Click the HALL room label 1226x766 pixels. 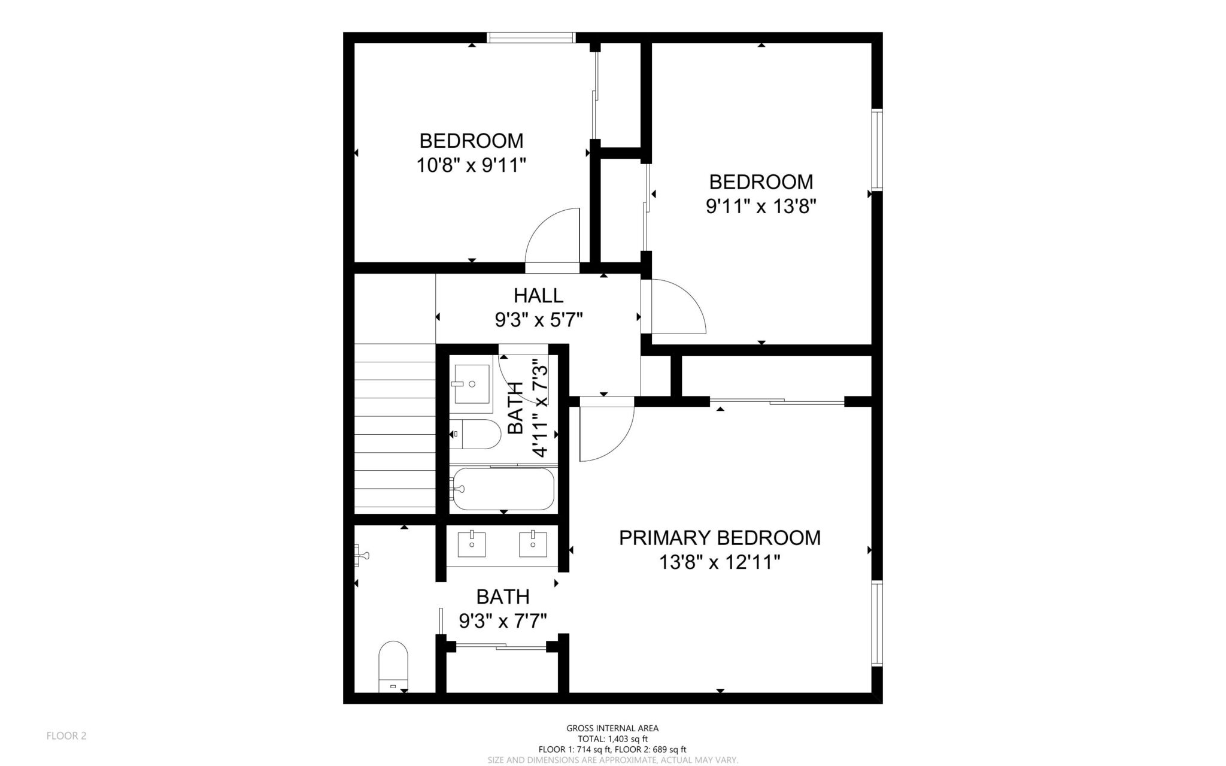[x=538, y=295]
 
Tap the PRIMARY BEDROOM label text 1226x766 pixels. [x=720, y=538]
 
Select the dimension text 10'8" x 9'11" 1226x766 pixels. [x=471, y=165]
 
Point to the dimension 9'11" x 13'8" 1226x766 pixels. [x=761, y=207]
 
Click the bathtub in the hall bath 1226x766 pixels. [x=503, y=489]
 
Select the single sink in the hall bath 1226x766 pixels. [x=472, y=383]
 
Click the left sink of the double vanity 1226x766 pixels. [x=472, y=544]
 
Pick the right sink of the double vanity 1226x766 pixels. [x=532, y=544]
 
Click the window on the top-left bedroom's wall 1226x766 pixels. [x=531, y=38]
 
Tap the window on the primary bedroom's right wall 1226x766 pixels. [x=876, y=631]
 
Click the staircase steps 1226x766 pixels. [x=394, y=428]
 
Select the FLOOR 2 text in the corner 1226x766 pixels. [x=66, y=735]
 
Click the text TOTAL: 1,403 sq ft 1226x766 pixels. [x=612, y=738]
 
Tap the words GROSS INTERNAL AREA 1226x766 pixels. [x=612, y=728]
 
